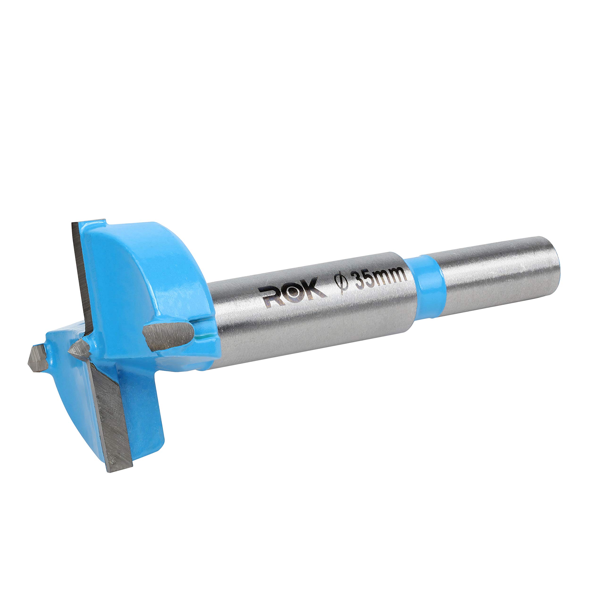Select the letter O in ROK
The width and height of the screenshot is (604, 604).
coord(293,292)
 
